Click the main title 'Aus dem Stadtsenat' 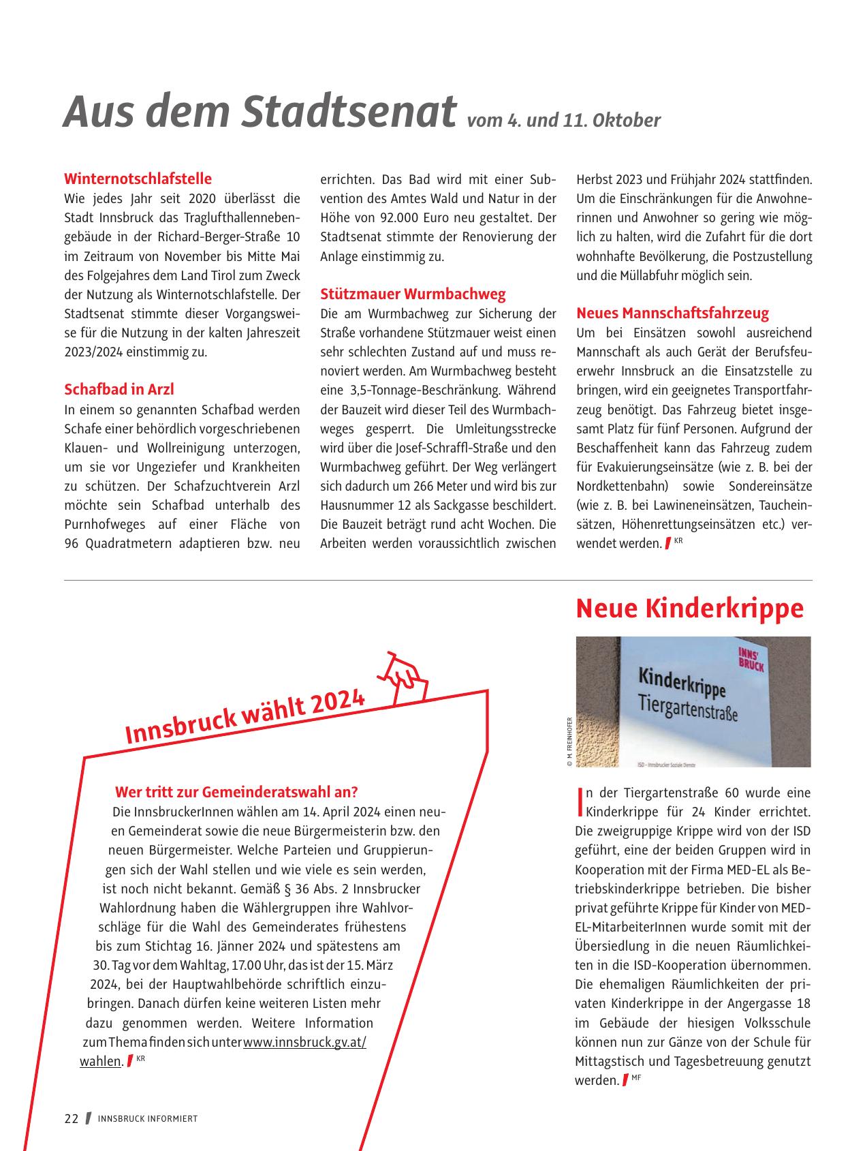259,111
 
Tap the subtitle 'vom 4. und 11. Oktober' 564,121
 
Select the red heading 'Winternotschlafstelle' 138,179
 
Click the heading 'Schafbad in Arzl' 119,389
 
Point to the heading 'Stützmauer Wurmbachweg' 413,294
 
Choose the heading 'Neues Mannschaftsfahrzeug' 672,313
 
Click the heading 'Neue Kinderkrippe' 689,609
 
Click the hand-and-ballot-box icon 407,677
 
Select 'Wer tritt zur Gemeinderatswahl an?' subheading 236,792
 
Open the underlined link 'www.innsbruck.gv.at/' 304,1043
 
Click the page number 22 72,1119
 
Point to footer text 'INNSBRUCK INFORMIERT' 148,1119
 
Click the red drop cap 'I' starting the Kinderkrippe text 580,802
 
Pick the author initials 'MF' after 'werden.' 637,1077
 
